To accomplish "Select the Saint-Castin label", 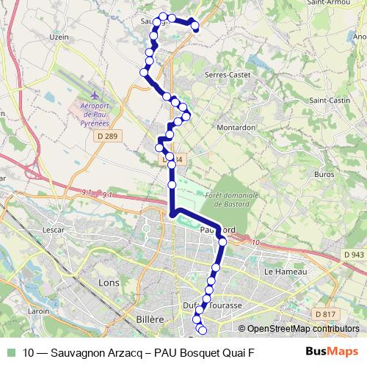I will click(x=329, y=100).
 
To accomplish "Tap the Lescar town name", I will click(x=54, y=229).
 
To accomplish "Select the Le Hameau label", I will click(x=279, y=271).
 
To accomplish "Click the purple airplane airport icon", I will click(x=95, y=95).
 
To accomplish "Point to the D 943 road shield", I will click(x=352, y=255).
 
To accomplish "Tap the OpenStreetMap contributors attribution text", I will click(x=301, y=329).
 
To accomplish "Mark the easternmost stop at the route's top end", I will click(x=196, y=27).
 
